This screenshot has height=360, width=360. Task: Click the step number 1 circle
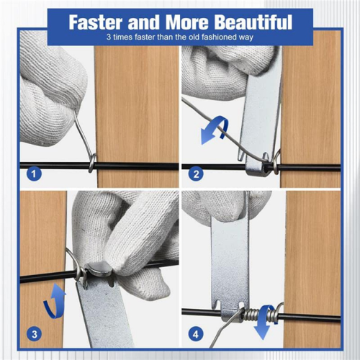point(34,174)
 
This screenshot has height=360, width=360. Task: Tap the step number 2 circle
point(196,174)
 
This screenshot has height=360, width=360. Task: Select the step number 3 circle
point(35,334)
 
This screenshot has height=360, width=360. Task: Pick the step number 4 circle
point(196,334)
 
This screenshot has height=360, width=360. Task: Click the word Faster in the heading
point(96,22)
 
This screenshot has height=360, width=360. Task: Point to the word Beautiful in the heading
point(253,22)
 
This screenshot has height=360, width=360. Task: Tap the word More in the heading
point(187,22)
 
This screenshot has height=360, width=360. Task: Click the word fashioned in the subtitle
point(218,37)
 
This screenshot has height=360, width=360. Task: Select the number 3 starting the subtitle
point(109,37)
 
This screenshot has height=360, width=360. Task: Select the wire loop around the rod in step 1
point(92,163)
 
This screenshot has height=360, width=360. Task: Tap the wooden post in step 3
point(42,269)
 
